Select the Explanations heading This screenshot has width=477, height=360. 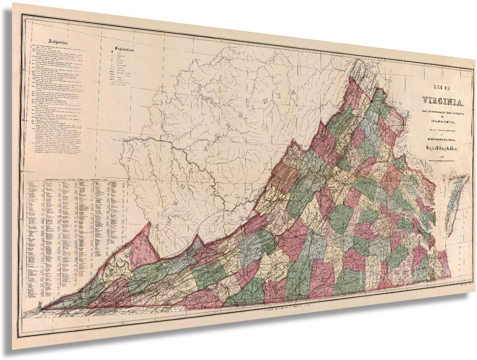point(124,49)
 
